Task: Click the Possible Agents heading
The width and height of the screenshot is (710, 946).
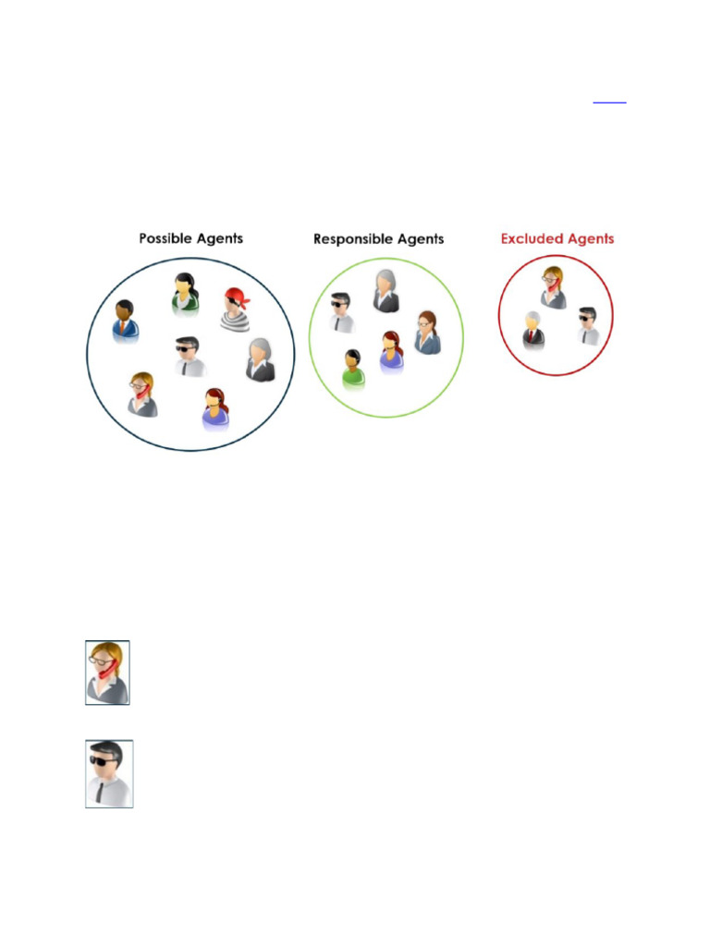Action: pos(190,238)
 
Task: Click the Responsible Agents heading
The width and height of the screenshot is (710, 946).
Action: pos(378,239)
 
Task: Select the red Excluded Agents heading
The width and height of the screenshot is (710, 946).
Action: pos(557,238)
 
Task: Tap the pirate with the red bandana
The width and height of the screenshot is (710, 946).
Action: pos(236,309)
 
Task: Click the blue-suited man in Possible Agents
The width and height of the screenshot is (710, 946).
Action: pos(125,321)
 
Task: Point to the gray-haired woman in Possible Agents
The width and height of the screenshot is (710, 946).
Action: pos(260,359)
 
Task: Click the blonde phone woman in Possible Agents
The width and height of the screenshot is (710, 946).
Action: pos(141,394)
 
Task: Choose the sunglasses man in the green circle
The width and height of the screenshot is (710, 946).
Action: pos(343,312)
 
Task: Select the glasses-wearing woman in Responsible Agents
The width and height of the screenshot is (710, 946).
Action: pos(426,333)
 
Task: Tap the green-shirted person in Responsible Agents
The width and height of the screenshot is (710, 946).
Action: pos(353,369)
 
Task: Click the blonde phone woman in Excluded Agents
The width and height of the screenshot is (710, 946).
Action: pos(553,287)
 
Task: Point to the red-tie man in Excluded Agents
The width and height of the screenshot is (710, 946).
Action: pos(533,330)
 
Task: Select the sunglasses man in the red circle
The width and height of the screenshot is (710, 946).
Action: pos(588,326)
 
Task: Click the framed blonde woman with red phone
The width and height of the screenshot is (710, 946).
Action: pos(107,673)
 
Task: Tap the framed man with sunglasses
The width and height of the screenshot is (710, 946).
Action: pos(109,773)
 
